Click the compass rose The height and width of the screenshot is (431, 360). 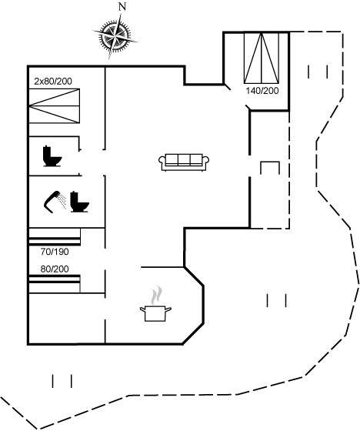click(115, 35)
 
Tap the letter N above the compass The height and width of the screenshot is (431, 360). click(122, 7)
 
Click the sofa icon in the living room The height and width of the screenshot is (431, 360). click(184, 162)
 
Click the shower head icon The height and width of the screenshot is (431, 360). click(52, 202)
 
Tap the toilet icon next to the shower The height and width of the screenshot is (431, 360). click(80, 202)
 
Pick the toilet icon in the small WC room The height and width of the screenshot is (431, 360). click(52, 156)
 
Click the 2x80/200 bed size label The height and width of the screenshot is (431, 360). click(53, 81)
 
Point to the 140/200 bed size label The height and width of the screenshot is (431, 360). click(262, 91)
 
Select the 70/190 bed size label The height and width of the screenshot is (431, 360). click(55, 252)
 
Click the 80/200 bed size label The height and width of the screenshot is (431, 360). click(55, 269)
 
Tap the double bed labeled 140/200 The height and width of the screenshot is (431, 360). click(262, 58)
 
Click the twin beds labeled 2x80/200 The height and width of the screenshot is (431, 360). click(55, 106)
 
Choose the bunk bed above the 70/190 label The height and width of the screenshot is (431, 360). click(55, 236)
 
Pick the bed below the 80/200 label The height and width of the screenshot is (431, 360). click(55, 284)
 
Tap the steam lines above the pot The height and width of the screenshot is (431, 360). click(156, 296)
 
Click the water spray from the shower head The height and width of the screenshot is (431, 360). click(63, 202)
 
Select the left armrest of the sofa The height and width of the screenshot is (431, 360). click(162, 162)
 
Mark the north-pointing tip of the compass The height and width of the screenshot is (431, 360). click(121, 13)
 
